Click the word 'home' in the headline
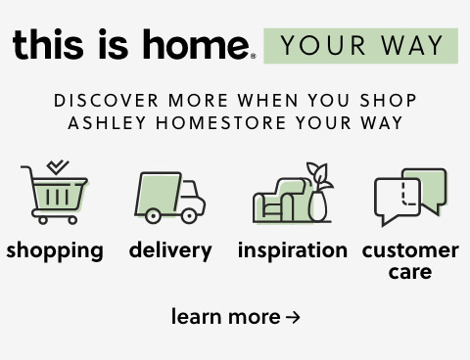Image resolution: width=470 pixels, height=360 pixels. (196, 45)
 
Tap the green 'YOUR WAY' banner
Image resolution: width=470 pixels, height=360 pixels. (360, 46)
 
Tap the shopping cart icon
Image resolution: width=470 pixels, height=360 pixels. (55, 197)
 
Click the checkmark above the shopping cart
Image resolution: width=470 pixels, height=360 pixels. (58, 167)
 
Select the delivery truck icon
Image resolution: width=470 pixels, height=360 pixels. (169, 196)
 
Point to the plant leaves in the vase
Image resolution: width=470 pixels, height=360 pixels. (318, 175)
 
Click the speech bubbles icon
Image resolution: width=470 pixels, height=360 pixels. (410, 196)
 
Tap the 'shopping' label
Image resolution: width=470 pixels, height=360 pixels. (55, 250)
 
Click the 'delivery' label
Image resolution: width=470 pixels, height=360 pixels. (170, 250)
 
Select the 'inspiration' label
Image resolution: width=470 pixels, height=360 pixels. (292, 250)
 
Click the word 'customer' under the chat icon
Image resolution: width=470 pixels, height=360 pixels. (410, 250)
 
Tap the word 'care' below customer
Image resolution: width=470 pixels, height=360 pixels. (410, 272)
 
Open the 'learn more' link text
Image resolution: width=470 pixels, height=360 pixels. (225, 317)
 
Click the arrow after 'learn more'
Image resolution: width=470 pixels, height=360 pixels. (293, 318)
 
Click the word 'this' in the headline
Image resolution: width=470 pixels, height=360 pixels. (48, 45)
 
